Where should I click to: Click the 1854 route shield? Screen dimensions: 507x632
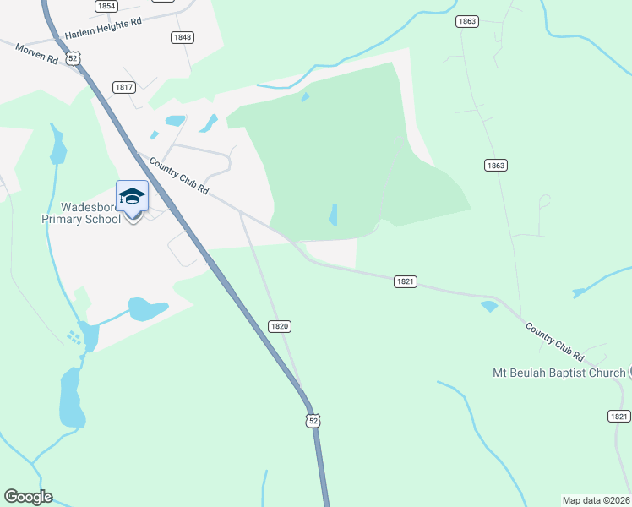point(106,6)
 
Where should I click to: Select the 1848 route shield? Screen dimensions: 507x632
point(182,37)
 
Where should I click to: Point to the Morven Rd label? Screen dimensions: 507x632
point(35,52)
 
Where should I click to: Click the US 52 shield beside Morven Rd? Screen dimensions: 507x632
point(74,57)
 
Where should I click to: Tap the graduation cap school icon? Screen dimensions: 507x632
point(132,197)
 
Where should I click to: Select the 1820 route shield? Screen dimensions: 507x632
point(280,326)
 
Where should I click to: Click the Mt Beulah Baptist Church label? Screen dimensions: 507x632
point(558,373)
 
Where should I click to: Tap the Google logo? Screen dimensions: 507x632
point(28,497)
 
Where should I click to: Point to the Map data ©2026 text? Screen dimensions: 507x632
point(596,500)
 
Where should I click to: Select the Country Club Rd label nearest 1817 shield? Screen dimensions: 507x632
point(179,176)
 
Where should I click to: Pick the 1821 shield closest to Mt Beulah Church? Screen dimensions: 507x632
point(619,416)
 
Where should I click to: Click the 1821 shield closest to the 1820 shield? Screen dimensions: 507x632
point(406,281)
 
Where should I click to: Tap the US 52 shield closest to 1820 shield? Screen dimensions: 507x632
point(314,420)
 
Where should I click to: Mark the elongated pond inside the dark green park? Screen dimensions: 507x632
point(333,215)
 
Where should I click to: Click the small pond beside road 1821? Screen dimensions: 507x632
point(489,306)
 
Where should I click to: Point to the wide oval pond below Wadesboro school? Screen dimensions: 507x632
point(147,309)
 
